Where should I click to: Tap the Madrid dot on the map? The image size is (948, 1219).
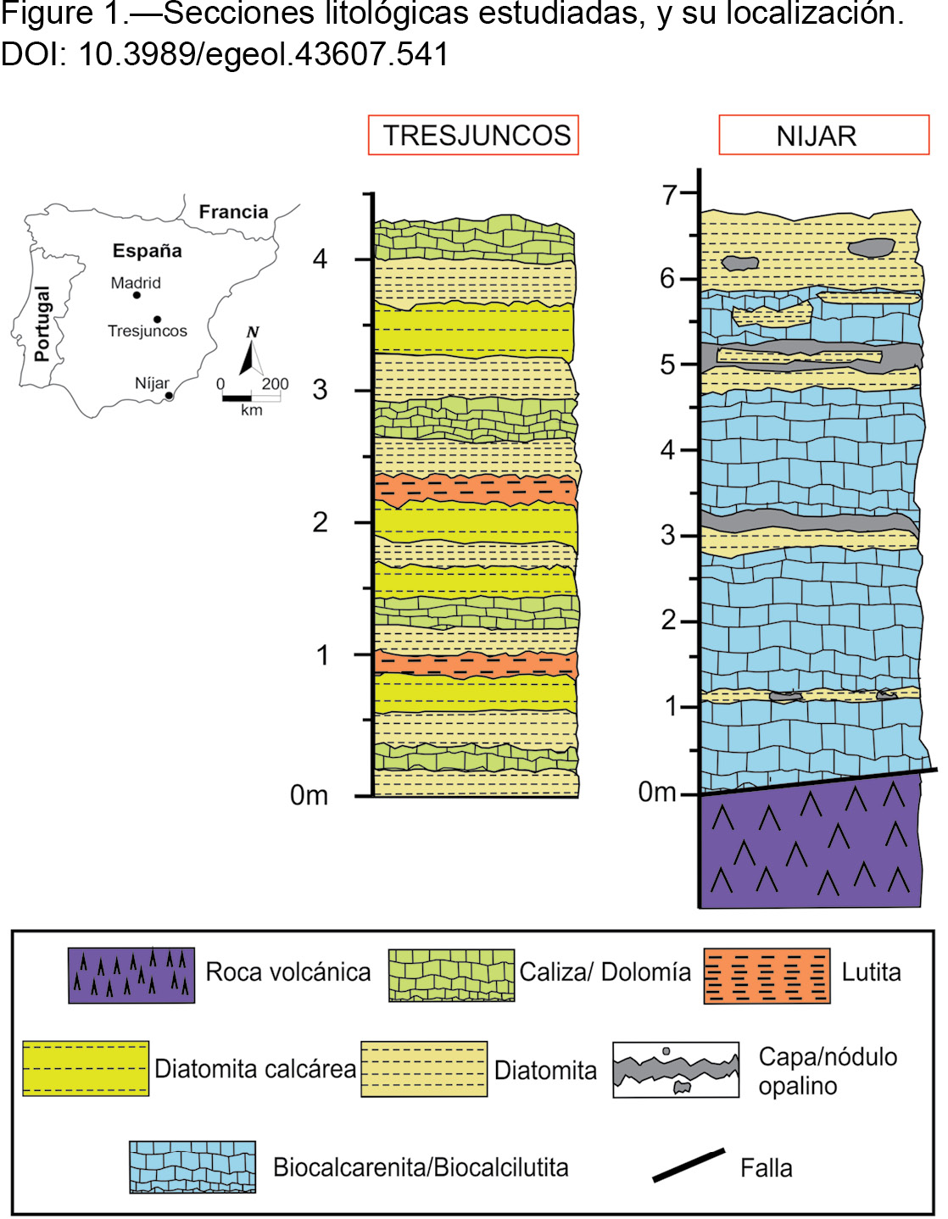click(137, 295)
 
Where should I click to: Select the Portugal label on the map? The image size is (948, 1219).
click(42, 324)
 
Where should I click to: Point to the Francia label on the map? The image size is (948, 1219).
click(233, 212)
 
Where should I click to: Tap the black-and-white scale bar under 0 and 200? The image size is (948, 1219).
click(251, 398)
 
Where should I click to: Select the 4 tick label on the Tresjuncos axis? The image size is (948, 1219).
click(320, 259)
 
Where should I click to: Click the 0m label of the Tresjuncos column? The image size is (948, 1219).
click(309, 795)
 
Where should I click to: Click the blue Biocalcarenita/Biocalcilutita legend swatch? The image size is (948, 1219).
click(192, 1166)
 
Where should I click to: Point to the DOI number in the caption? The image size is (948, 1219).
click(264, 54)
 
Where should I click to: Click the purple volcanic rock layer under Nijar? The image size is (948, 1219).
click(811, 842)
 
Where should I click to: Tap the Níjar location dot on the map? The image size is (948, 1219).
click(168, 396)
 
